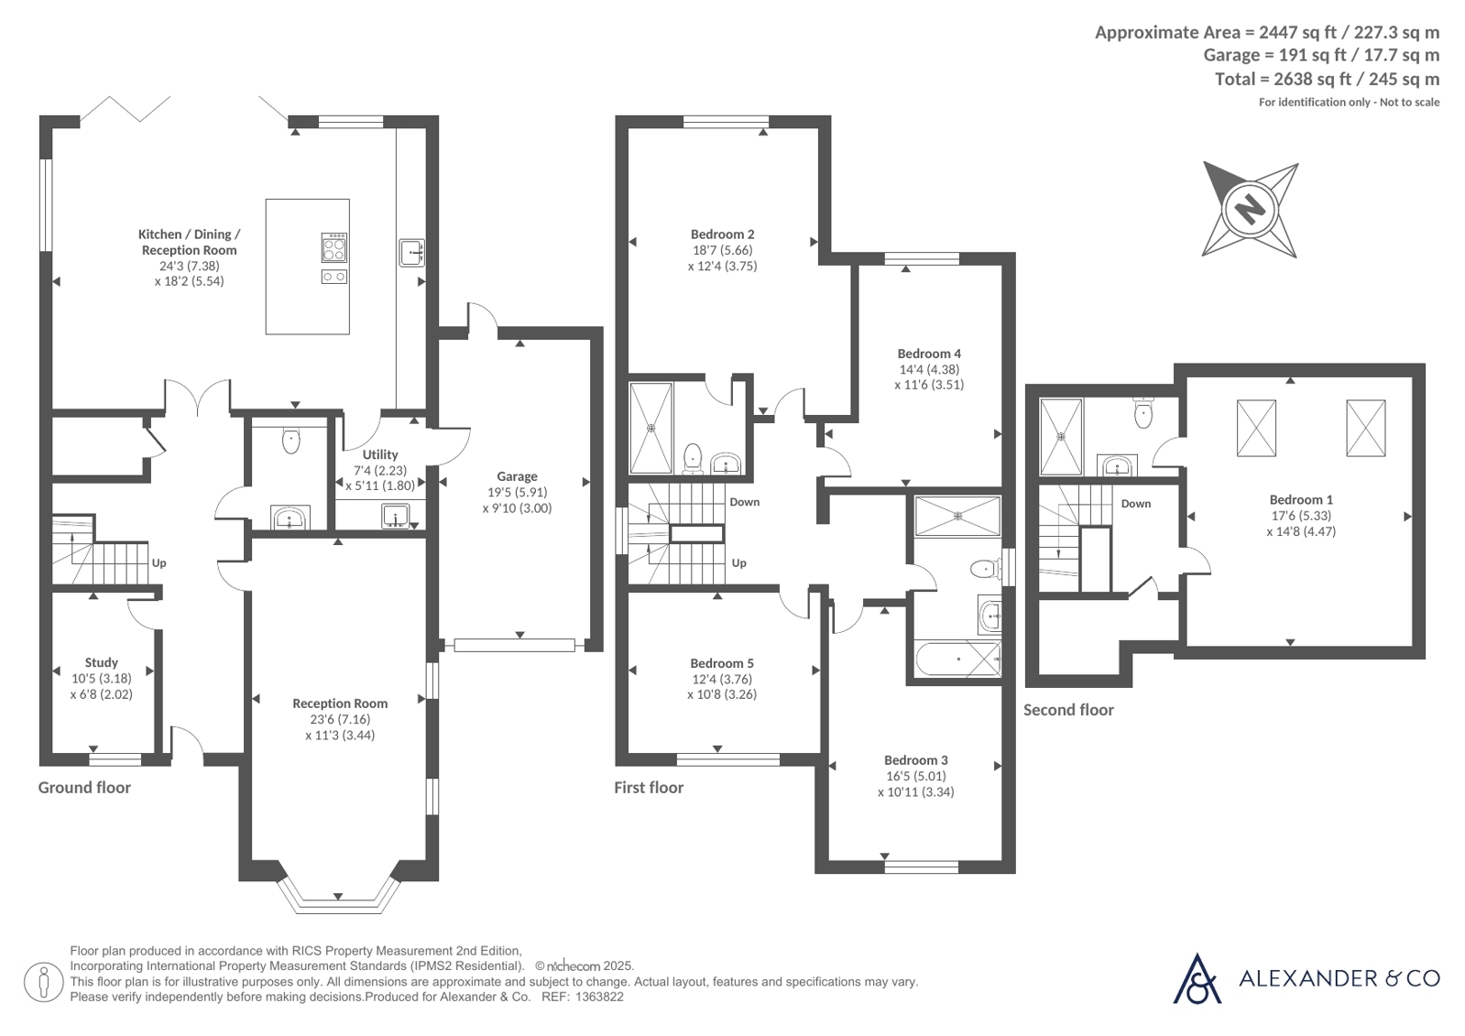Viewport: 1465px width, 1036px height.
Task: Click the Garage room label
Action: tap(517, 476)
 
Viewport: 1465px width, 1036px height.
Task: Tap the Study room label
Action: tap(102, 662)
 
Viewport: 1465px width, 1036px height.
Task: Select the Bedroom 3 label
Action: tap(915, 760)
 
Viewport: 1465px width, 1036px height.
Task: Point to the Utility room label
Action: tap(380, 454)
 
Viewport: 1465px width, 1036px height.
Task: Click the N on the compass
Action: tap(1250, 210)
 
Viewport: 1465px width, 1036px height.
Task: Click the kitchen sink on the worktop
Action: tap(412, 253)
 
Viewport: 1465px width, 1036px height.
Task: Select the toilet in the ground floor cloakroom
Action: tap(291, 441)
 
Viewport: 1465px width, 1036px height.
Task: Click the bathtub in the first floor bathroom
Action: tap(957, 659)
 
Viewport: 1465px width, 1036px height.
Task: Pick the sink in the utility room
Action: tap(395, 516)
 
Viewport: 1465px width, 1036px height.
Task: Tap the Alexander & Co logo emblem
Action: tap(1197, 978)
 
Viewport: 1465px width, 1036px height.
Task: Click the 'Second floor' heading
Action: tap(1068, 710)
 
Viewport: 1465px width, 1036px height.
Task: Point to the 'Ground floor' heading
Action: tap(84, 788)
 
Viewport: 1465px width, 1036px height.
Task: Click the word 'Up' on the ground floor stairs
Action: tap(159, 562)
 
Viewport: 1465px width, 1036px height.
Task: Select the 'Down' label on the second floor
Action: tap(1136, 504)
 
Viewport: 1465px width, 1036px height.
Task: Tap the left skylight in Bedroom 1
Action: tap(1256, 429)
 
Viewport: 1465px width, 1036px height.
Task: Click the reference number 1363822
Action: tap(599, 997)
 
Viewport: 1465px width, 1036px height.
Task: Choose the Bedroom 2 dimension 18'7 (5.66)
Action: tap(723, 250)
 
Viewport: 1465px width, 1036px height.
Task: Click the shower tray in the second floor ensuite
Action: tap(1061, 437)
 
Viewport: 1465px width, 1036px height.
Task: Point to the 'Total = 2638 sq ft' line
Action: tap(1327, 79)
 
